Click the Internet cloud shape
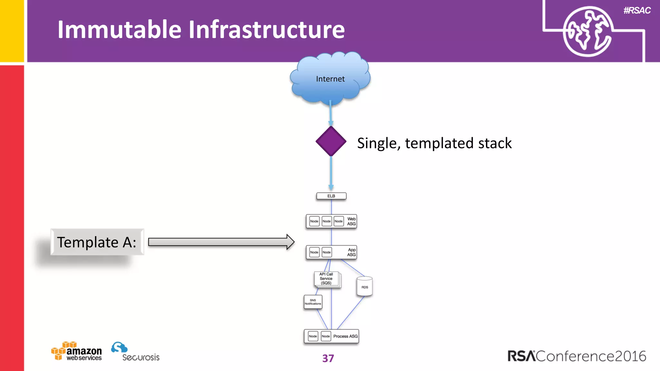point(330,79)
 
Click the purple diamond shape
point(331,141)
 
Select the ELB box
point(331,196)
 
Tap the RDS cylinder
point(364,286)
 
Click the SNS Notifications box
point(313,302)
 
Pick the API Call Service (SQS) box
point(326,279)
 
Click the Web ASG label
point(351,221)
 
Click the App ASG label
point(351,252)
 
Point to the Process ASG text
point(345,336)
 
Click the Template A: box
point(97,242)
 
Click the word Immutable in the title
point(119,30)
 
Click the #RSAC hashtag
point(637,11)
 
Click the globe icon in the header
point(587,32)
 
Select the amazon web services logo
point(77,351)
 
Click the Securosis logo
point(135,352)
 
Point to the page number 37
point(328,358)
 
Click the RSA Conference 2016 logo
point(577,356)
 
